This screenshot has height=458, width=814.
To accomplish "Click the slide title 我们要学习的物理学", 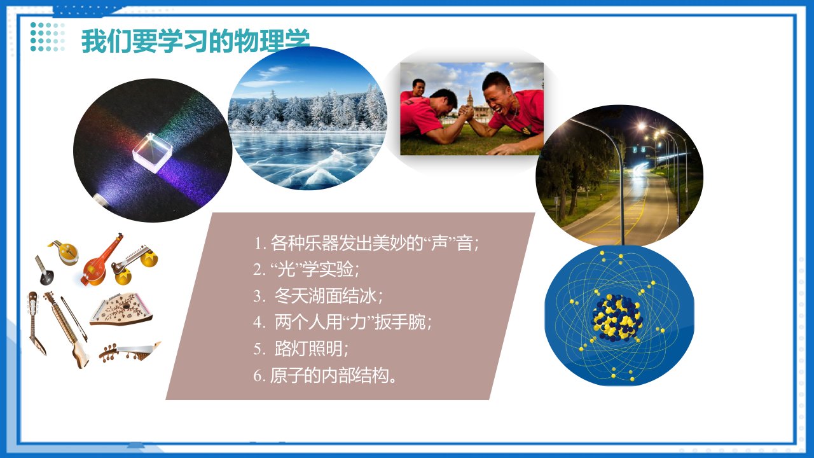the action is pos(195,41).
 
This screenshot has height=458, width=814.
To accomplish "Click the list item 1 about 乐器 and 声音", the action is pos(366,243).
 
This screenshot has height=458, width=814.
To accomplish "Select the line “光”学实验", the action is pos(306,269).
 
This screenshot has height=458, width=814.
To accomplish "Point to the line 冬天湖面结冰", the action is pos(318,296).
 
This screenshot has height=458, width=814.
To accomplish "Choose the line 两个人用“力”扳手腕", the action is pos(342,322).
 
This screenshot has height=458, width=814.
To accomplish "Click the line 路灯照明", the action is pos(301,349).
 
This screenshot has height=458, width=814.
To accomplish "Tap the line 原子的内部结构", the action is pos(326,375).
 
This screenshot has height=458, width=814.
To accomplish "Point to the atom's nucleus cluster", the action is pos(617,318).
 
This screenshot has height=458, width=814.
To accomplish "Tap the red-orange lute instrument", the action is pos(100,261).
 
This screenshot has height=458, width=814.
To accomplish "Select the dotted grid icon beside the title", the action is pos(48,37).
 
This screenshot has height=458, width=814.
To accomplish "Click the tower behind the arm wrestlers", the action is pos(470,100).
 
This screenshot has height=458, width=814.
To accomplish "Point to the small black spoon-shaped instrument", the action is pos(45,270).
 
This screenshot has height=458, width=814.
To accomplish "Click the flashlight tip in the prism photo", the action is pos(100,200).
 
